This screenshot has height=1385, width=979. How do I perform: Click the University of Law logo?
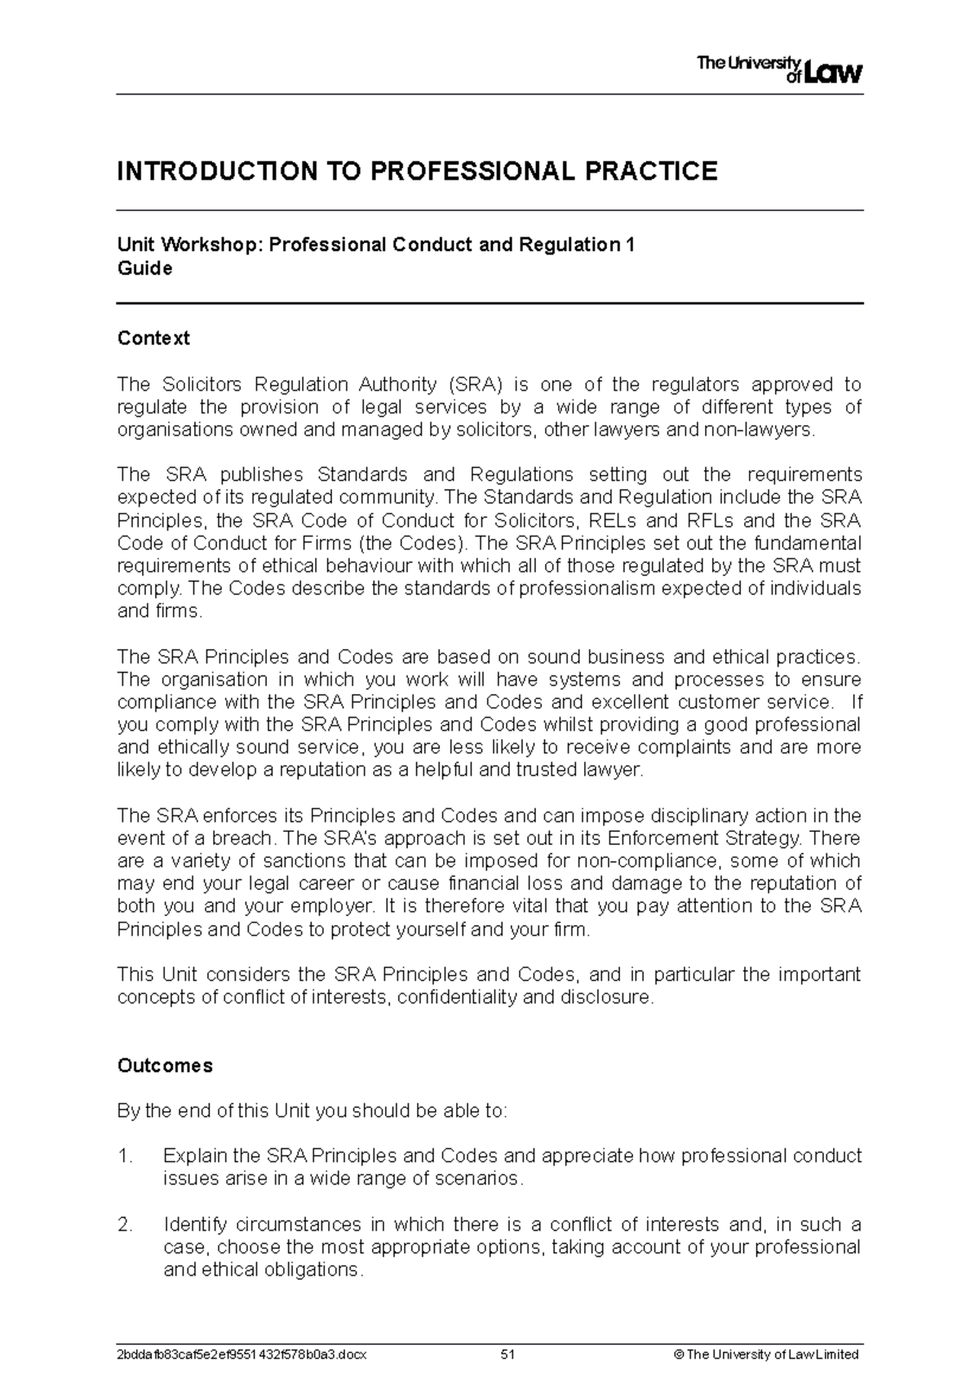(x=778, y=70)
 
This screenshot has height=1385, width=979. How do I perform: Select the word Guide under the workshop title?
(x=144, y=269)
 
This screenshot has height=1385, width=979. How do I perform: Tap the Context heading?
(x=153, y=339)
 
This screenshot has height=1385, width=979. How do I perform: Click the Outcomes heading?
(x=165, y=1066)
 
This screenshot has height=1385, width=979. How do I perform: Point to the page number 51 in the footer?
(x=508, y=1355)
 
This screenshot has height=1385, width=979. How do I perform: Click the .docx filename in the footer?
(x=242, y=1355)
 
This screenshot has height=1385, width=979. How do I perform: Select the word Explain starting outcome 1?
(x=195, y=1156)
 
